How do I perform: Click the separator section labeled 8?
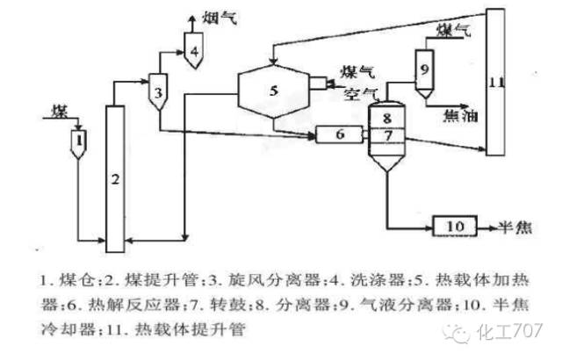[387, 115]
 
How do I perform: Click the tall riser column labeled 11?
[497, 83]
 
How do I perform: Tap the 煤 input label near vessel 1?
[59, 111]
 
